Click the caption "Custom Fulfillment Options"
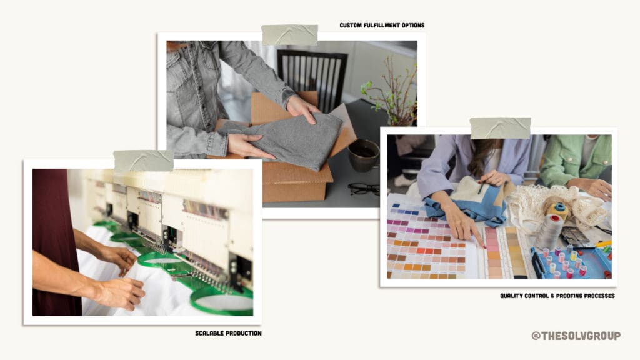pos(382,25)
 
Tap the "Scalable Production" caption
pos(228,333)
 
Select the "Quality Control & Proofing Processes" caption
pos(557,296)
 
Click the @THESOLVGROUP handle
pos(576,336)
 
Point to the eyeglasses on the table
pos(363,189)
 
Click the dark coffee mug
pos(363,155)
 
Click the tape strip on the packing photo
pos(289,35)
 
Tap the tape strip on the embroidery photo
pos(144,161)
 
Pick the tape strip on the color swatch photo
pos(500,127)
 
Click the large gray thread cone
pos(549,231)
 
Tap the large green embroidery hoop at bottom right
pos(221,301)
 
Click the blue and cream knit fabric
pos(469,201)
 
